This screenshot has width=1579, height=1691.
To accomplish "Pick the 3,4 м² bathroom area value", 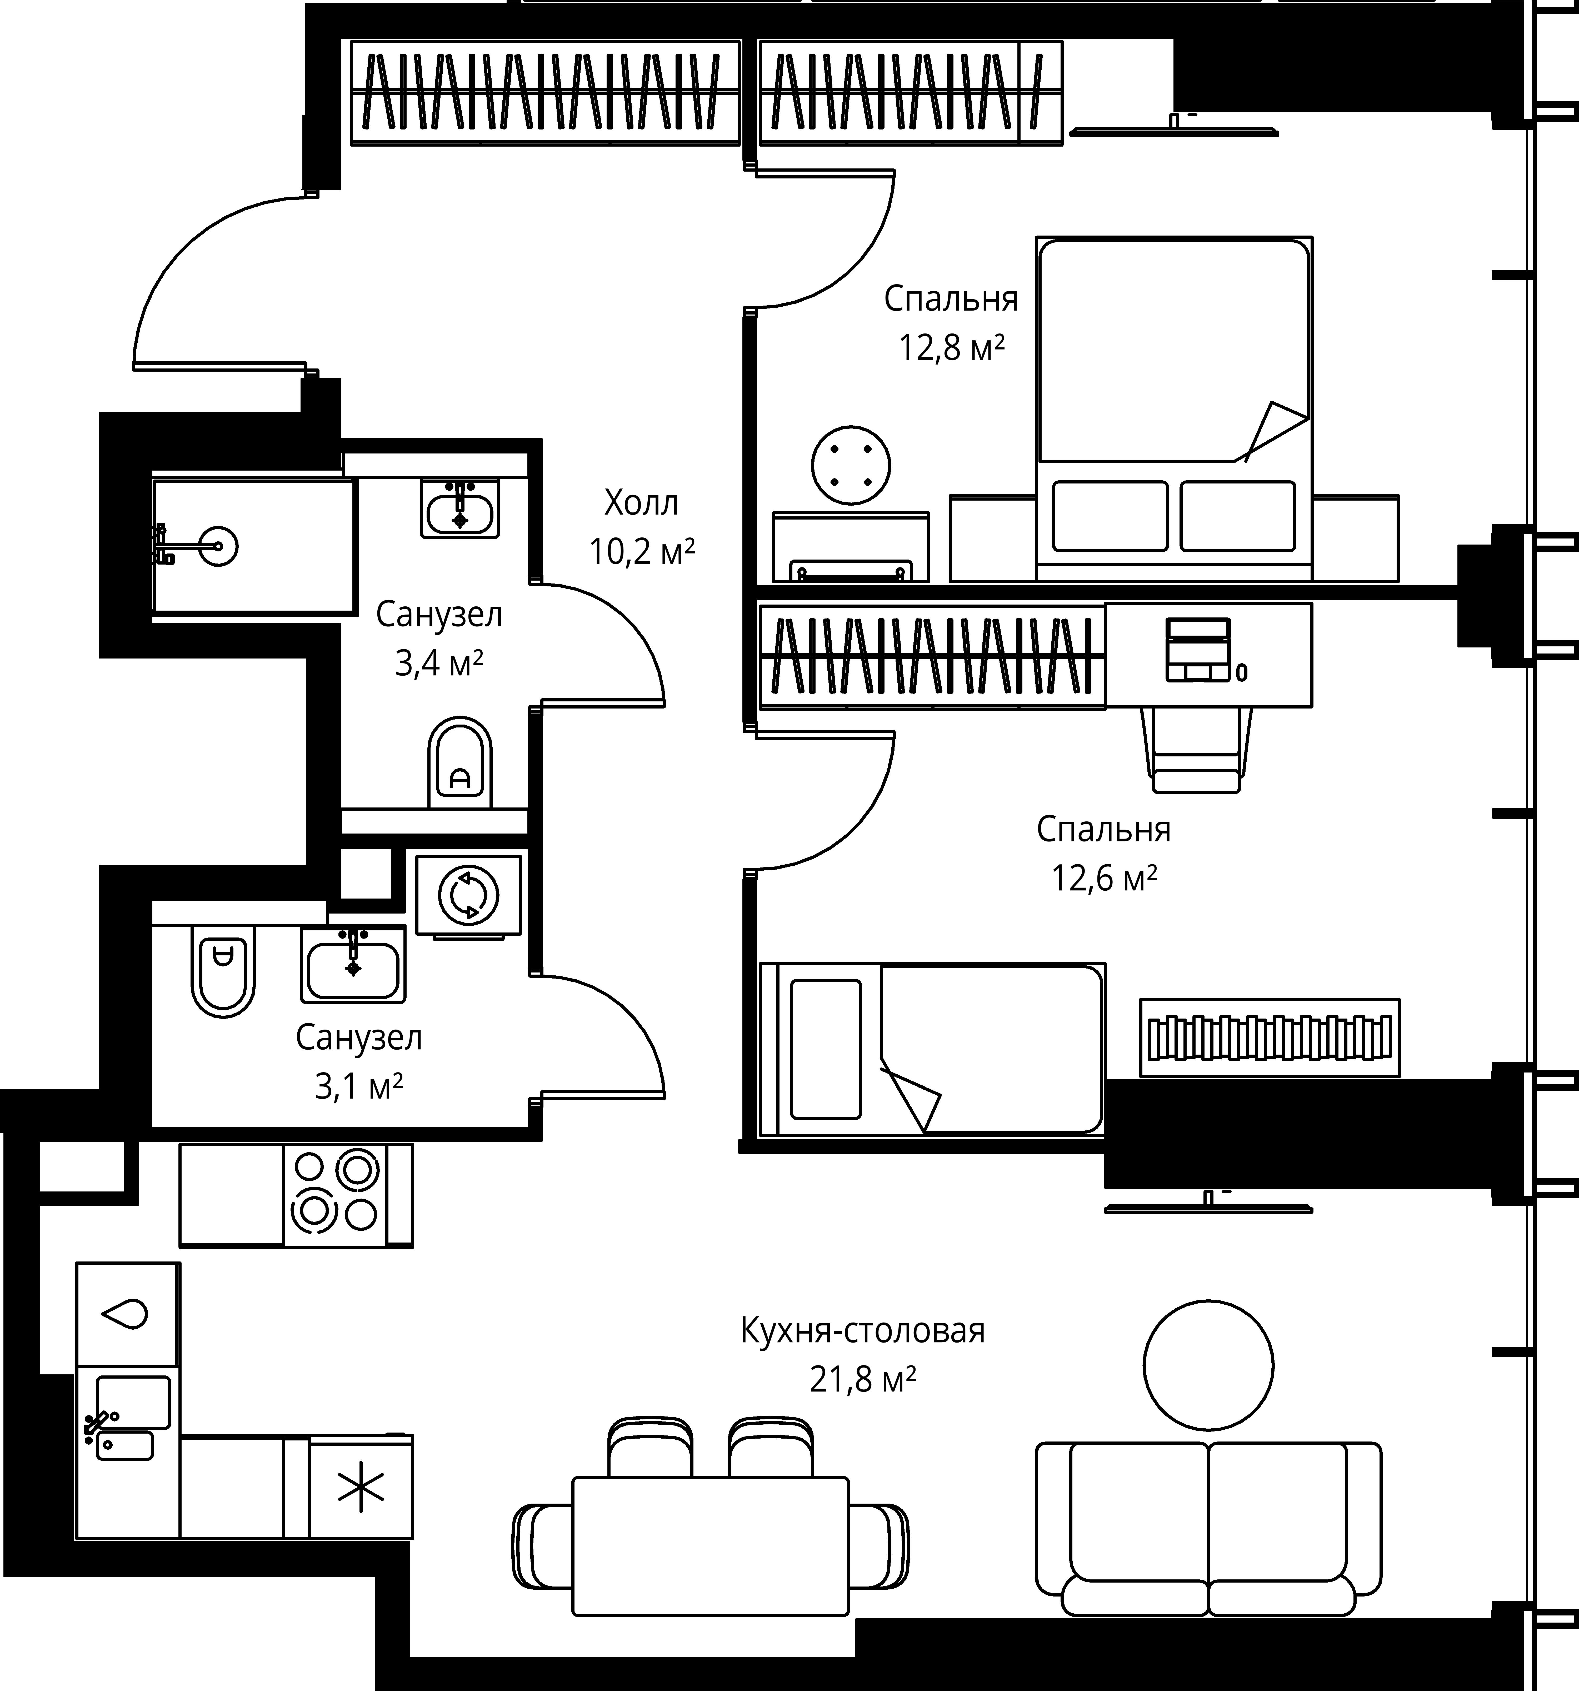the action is (x=439, y=663).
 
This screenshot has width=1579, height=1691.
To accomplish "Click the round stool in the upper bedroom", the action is (x=851, y=465).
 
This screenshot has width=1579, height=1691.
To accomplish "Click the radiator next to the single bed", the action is (x=1269, y=1038).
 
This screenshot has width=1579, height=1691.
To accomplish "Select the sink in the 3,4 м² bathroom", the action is (x=459, y=509).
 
